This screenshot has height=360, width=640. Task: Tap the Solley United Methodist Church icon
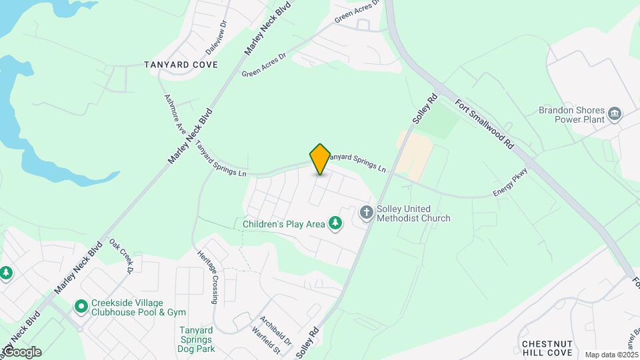point(366,213)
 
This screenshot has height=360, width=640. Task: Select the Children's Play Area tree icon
point(336,224)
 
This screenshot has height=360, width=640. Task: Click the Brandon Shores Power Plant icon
point(615,114)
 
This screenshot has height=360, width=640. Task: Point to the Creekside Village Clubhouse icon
point(81,307)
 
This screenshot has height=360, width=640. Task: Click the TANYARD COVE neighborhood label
point(181,65)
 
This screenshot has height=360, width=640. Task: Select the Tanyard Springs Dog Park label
point(197,339)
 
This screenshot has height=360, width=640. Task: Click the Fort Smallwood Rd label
point(485,125)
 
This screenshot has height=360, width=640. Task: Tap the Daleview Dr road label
point(218,31)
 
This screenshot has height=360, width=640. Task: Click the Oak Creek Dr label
point(123,257)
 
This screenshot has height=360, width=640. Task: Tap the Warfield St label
point(265,339)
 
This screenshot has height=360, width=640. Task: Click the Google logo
point(22,352)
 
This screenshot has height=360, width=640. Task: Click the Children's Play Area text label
point(283,224)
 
